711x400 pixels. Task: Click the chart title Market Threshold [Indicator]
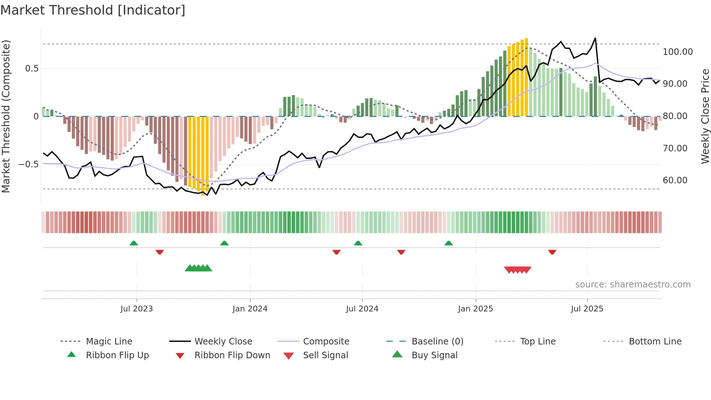click(x=93, y=10)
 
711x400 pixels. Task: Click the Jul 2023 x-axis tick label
click(x=136, y=309)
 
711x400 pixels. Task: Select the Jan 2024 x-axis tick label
click(x=250, y=309)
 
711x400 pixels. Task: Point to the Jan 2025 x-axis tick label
click(x=475, y=309)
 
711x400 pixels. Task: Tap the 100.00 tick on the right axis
click(x=678, y=52)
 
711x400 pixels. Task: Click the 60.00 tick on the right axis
click(x=675, y=180)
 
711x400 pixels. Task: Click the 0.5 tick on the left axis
click(x=32, y=69)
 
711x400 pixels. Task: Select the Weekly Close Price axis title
click(x=705, y=116)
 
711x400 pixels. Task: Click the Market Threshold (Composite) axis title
click(x=6, y=116)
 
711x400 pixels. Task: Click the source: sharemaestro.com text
click(x=633, y=285)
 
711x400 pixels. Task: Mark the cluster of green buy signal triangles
click(x=198, y=268)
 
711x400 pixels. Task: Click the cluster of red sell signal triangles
click(x=518, y=270)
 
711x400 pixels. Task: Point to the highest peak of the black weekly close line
click(x=595, y=38)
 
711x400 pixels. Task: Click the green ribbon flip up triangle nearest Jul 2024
click(x=358, y=243)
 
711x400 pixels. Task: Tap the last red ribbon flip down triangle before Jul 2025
click(x=552, y=252)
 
